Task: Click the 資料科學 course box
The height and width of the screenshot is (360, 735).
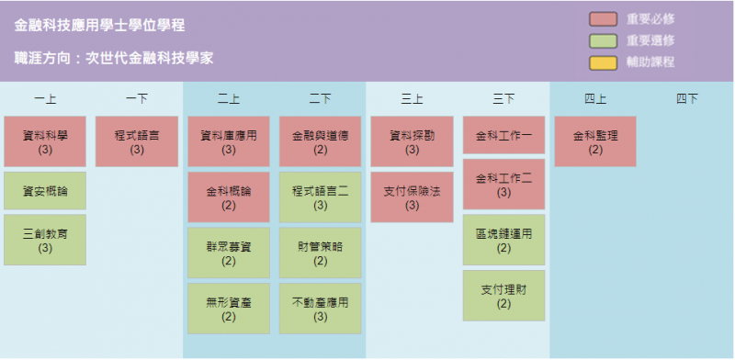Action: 45,141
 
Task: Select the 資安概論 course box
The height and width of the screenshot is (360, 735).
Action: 45,191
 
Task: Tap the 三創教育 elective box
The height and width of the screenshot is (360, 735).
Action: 45,240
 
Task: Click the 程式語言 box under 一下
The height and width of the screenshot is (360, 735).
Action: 137,141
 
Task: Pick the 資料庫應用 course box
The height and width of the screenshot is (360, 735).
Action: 229,141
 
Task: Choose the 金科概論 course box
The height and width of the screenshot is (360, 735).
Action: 229,197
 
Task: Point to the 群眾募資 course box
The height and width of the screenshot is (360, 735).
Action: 229,253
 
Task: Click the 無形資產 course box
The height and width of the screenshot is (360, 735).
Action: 229,309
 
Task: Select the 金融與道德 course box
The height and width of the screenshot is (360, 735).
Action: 320,141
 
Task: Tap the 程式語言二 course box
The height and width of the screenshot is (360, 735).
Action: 320,197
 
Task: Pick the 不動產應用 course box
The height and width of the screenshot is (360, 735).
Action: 320,309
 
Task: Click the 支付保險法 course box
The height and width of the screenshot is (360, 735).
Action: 412,197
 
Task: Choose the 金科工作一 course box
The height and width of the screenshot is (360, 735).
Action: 503,135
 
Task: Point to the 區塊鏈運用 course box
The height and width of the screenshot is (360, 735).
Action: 503,240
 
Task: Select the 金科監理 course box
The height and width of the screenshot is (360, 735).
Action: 595,141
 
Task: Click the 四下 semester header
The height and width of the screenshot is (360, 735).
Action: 687,99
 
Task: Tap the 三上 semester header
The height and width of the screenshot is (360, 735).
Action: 412,99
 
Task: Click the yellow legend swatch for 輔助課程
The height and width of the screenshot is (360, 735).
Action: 604,62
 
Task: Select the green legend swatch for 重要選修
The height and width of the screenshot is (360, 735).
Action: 604,41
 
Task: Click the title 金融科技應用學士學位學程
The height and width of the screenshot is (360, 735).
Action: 99,26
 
